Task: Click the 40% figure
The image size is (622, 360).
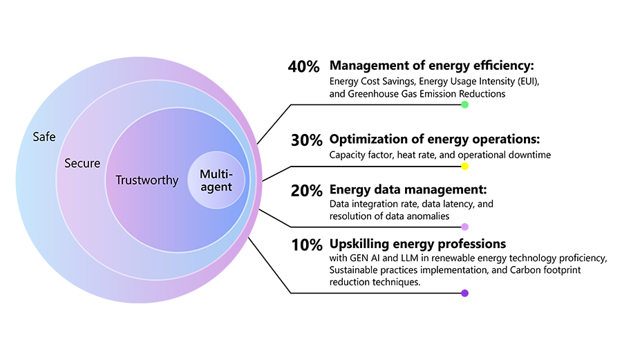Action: [x=303, y=67]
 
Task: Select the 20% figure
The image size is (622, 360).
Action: [x=306, y=191]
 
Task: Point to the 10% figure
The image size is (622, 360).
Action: [x=305, y=245]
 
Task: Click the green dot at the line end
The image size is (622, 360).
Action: [x=464, y=104]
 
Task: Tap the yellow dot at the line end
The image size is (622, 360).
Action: [x=464, y=167]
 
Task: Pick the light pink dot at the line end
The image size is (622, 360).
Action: [x=464, y=227]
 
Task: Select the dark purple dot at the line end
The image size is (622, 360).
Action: [x=464, y=293]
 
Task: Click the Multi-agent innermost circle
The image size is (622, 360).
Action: [x=216, y=180]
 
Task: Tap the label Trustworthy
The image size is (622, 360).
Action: [x=147, y=180]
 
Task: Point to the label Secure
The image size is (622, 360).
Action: [x=82, y=164]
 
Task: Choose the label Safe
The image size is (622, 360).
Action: [x=44, y=137]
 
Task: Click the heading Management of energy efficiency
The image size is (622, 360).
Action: [x=433, y=66]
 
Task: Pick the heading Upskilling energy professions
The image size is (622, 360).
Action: [x=418, y=244]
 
